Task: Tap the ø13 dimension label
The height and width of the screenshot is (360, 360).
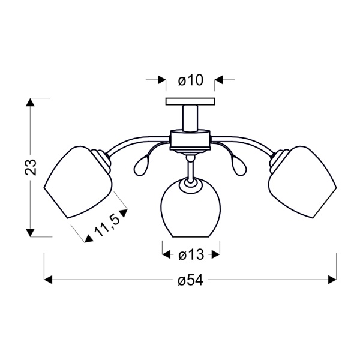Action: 191,255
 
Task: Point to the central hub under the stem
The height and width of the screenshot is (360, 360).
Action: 190,140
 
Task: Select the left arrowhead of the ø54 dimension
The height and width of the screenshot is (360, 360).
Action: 49,280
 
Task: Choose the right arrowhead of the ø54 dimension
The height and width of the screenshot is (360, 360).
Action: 332,280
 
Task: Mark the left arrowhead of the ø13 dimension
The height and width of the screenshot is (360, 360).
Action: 166,255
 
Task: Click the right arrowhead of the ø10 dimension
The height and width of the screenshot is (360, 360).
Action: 218,80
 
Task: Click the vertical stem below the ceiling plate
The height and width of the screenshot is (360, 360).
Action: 190,116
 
